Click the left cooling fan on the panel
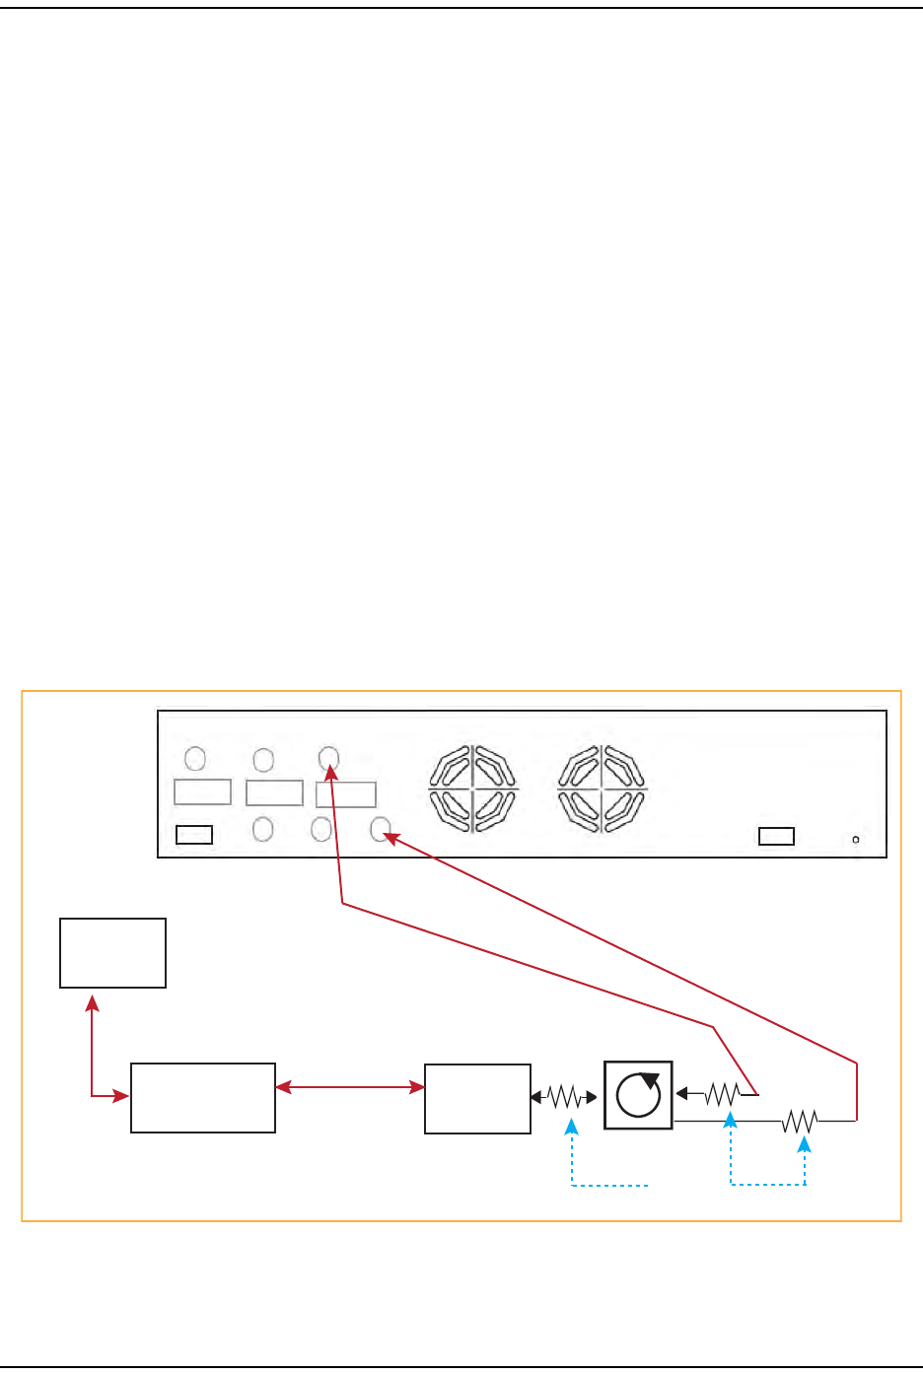474,789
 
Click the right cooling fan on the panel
603,789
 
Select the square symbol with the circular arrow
638,1094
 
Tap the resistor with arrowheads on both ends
564,1096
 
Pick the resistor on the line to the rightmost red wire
800,1121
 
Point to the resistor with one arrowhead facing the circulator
722,1093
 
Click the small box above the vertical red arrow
112,952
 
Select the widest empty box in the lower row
202,1097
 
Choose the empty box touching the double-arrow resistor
477,1098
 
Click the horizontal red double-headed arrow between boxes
349,1087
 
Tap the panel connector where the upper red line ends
329,758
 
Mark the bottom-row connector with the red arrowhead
381,830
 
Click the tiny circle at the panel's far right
855,840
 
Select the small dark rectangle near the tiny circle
776,837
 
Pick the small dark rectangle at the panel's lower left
193,836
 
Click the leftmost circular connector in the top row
195,758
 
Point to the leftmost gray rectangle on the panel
202,791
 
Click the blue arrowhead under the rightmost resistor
805,1143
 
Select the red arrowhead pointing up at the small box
92,1002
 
